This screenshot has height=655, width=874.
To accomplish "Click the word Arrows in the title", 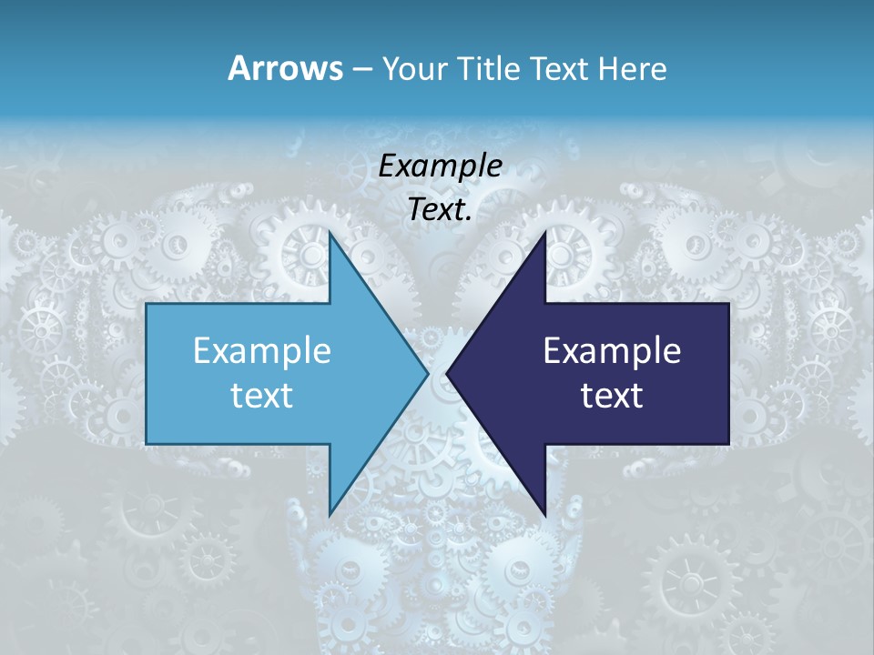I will (284, 68).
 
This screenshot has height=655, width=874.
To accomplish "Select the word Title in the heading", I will (491, 68).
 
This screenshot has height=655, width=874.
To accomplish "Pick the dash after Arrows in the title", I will (361, 70).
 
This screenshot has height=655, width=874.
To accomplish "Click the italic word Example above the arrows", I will (440, 166).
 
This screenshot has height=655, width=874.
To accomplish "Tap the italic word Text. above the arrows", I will (440, 209).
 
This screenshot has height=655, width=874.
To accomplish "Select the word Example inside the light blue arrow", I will (261, 350).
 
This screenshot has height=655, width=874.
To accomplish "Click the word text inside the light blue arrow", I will (261, 395).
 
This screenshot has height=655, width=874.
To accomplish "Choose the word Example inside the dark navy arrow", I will (612, 350).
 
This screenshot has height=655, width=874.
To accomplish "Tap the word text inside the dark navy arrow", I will (612, 395).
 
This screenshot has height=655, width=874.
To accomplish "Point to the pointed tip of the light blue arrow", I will (428, 373).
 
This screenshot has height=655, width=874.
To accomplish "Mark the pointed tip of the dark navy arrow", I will (447, 373).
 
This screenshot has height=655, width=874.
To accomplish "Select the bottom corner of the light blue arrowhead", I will (330, 514).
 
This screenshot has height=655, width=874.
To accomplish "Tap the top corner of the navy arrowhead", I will (545, 233).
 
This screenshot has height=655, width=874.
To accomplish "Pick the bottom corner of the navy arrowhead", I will (545, 514).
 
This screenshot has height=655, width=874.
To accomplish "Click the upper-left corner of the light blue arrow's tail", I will (147, 304).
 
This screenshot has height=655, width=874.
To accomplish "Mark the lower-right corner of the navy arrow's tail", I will (728, 444).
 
